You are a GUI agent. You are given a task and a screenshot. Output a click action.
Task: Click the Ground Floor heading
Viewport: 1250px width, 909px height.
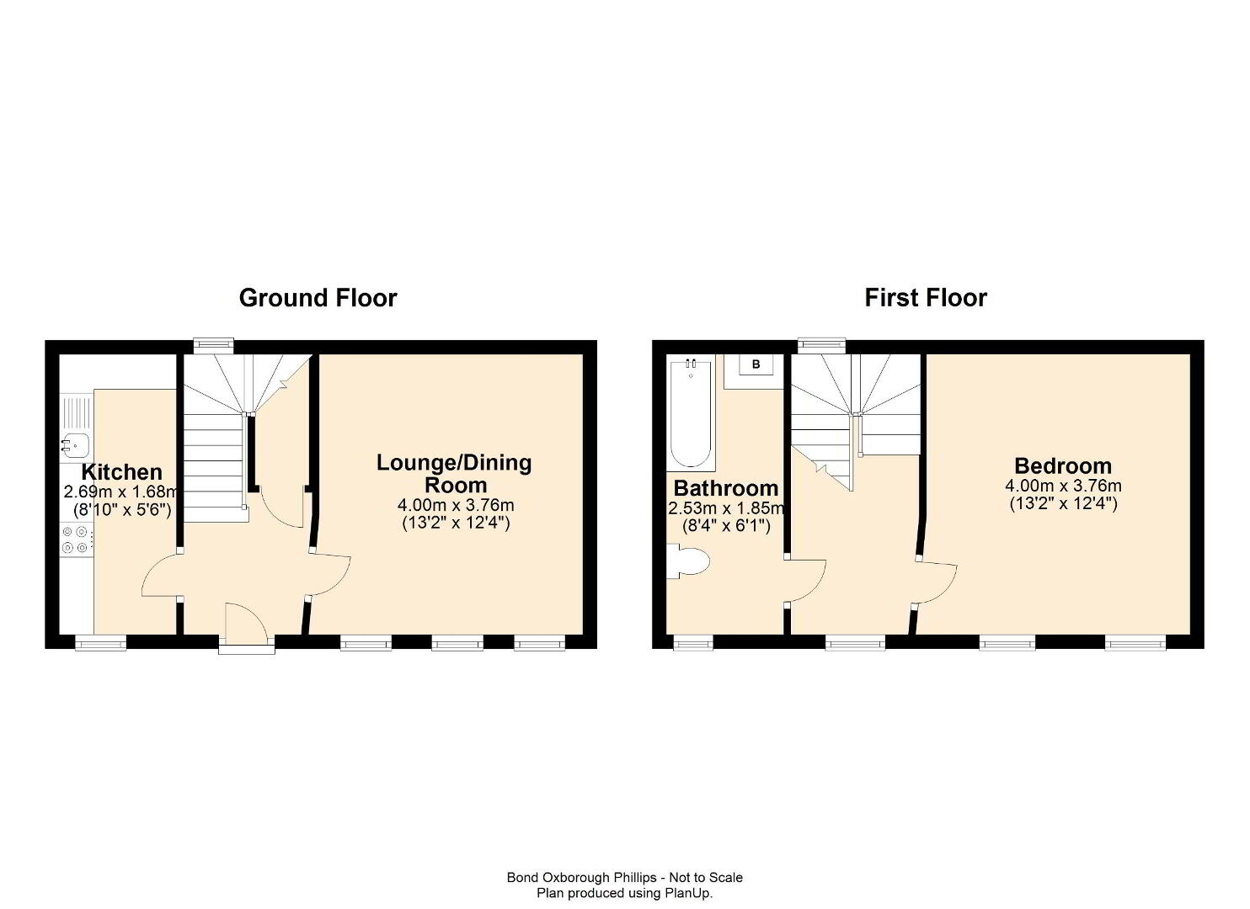tap(318, 298)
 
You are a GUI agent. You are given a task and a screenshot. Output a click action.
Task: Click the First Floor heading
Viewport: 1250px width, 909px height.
tap(926, 298)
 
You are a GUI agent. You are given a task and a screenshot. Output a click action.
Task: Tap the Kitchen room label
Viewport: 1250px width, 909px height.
tap(121, 472)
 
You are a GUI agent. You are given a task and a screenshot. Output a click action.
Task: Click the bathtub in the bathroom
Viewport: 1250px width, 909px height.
tap(691, 414)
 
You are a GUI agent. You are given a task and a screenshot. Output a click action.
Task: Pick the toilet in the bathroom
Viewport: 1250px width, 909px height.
tap(689, 561)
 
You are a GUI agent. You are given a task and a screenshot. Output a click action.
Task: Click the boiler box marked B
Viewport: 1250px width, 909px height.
tap(756, 364)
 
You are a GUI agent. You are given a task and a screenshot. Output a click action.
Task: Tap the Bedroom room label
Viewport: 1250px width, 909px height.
tap(1063, 466)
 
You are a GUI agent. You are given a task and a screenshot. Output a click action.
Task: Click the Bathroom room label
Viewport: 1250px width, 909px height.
tap(726, 488)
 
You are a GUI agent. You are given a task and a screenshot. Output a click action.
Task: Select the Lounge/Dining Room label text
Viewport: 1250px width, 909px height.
tap(454, 474)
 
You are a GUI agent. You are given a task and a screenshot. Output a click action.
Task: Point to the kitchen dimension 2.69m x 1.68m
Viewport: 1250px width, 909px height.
tap(121, 492)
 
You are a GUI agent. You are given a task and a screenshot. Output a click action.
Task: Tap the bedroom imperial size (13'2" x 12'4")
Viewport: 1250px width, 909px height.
tap(1064, 503)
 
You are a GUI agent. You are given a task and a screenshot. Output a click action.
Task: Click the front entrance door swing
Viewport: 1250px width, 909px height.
tap(247, 622)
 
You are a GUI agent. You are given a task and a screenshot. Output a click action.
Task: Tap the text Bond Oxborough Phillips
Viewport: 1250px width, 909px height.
tap(581, 877)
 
